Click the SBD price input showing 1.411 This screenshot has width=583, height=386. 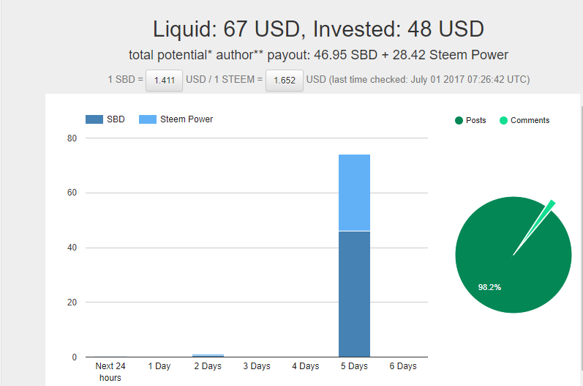point(164,80)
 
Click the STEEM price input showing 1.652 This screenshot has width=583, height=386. point(284,80)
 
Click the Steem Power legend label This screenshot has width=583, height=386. point(187,119)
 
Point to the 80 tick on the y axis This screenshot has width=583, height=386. point(72,138)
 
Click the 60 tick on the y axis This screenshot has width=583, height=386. point(72,193)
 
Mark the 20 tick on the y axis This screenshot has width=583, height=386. point(72,303)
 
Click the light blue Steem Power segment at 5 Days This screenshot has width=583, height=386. point(354,192)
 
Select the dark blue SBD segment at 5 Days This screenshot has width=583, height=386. point(354,293)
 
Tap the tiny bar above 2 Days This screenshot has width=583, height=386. point(208,355)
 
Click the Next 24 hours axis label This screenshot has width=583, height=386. point(110,371)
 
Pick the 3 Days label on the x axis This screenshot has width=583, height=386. point(256,366)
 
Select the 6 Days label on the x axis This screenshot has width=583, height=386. point(402,366)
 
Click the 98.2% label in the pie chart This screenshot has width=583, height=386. point(489,287)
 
